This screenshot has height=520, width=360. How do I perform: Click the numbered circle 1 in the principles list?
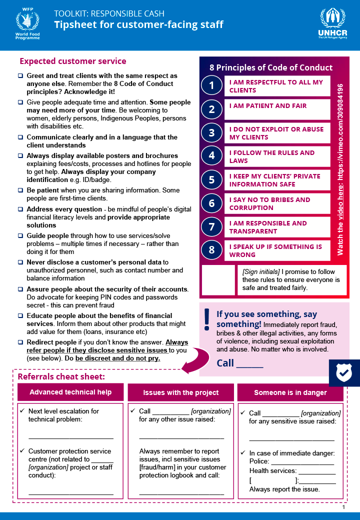coord(211,85)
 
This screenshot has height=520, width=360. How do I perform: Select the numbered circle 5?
coord(211,179)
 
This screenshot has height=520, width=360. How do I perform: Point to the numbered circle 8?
coord(211,250)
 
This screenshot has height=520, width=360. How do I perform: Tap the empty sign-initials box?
coord(218,280)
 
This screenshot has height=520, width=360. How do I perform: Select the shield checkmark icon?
coord(344,372)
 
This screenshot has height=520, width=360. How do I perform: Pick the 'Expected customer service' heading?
coord(73,61)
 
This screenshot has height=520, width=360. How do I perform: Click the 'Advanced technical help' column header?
coord(70,392)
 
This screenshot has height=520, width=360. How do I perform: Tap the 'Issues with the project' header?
coord(180,392)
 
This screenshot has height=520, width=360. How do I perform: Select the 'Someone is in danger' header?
coord(290,392)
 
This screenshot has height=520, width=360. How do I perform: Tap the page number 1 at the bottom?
coord(344,507)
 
